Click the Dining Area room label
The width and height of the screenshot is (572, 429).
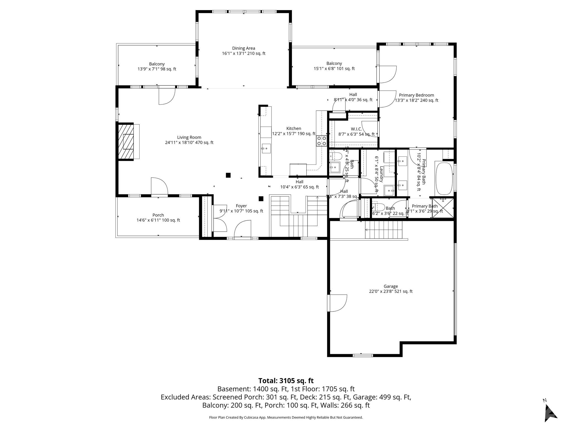244,48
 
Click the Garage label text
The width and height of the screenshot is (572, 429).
390,286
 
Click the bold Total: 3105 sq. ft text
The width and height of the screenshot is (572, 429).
286,381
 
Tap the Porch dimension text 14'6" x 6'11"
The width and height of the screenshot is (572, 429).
158,220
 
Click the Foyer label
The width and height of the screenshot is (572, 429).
241,206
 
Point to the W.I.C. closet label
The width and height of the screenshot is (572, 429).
356,129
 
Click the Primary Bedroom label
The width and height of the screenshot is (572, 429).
416,95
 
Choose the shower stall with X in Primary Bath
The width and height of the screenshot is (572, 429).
443,207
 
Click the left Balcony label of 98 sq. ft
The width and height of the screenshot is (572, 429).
157,64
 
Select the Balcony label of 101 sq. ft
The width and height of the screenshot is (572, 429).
334,63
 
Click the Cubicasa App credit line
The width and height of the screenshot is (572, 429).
286,418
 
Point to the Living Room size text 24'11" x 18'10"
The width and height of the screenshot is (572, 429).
189,142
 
